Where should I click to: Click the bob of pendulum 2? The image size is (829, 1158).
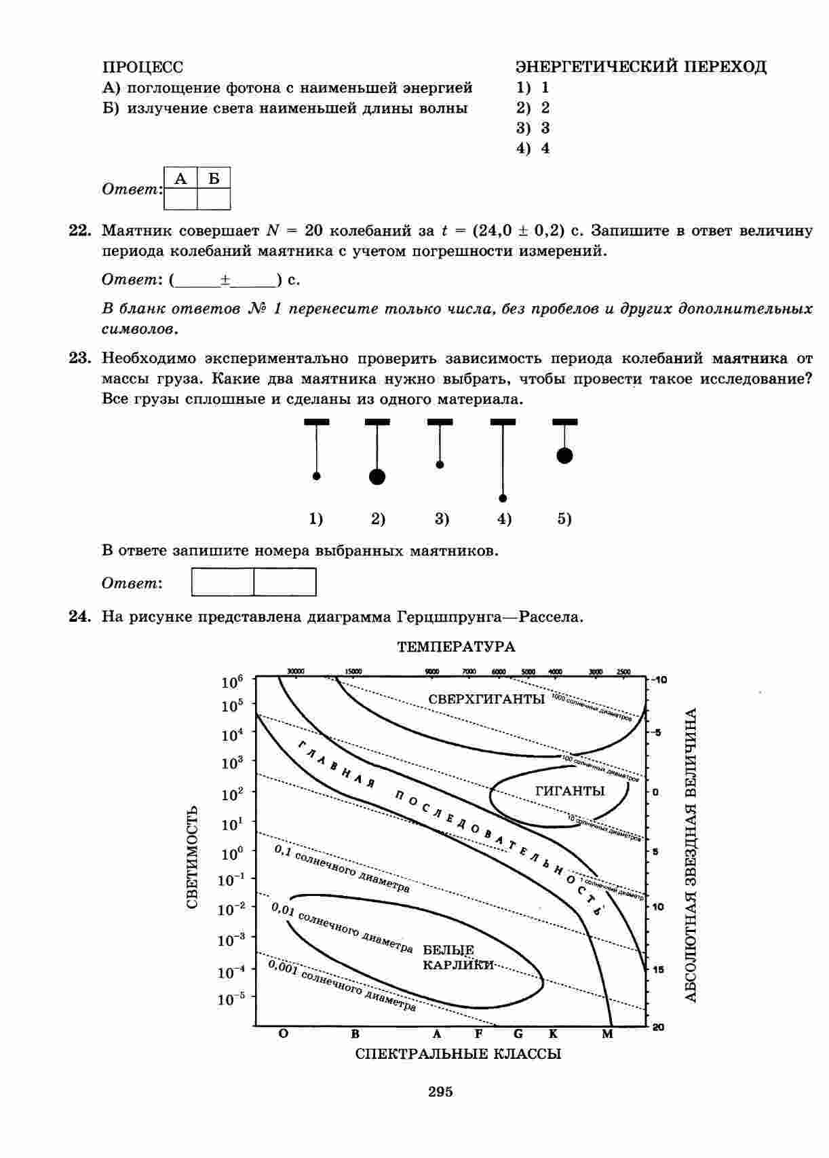tap(377, 477)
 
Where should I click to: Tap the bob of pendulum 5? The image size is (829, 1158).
tap(564, 455)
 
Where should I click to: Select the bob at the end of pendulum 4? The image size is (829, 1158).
tap(503, 498)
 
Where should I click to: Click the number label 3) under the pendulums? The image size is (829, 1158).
tap(442, 519)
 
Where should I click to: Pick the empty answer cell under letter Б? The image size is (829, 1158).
tap(214, 198)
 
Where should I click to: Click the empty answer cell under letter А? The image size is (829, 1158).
tap(180, 198)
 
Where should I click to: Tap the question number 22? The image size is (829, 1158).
tap(80, 231)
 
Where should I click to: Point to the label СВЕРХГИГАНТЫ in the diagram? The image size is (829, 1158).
tap(486, 699)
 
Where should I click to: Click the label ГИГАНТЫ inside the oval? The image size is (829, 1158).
tap(570, 791)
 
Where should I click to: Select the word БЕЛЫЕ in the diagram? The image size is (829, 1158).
tap(448, 950)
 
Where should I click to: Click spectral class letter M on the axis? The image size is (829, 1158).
tap(607, 1034)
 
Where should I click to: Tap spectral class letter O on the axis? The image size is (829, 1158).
tap(283, 1034)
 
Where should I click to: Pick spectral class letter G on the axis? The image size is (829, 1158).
tap(518, 1034)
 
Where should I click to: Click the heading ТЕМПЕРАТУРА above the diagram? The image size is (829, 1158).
tap(456, 647)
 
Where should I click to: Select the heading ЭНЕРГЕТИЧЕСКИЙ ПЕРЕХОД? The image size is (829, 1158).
tap(641, 67)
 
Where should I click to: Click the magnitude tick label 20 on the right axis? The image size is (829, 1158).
tap(658, 1027)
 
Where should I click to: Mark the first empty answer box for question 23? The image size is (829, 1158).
tap(223, 582)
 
